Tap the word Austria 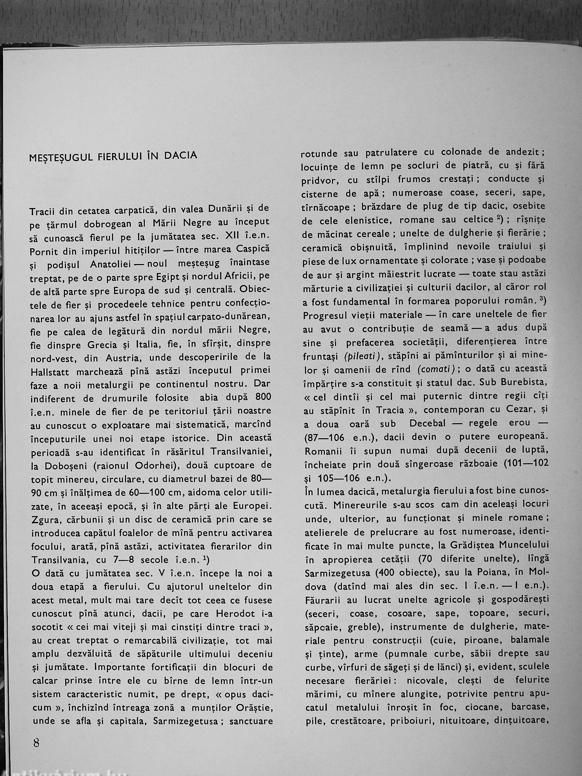tap(121, 358)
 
